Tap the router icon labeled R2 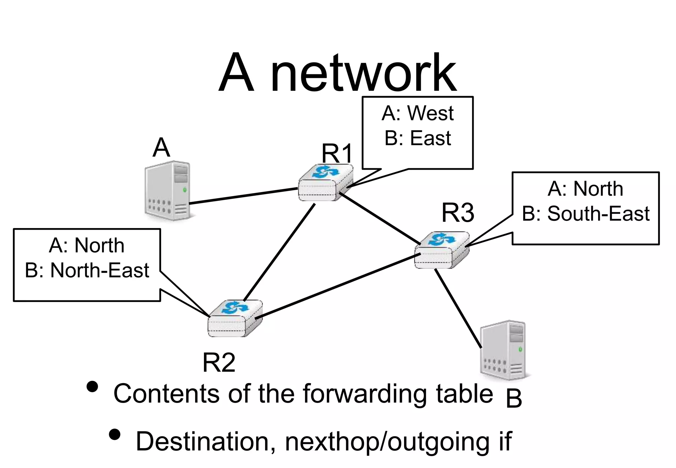[x=235, y=319]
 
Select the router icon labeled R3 [x=442, y=250]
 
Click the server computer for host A [x=168, y=191]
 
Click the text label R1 [x=337, y=153]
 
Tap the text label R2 [x=219, y=362]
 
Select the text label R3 [x=458, y=213]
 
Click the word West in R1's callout [x=430, y=113]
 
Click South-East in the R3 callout [x=598, y=214]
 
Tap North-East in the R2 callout [x=100, y=270]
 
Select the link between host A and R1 [x=244, y=196]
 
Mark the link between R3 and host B [x=458, y=309]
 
